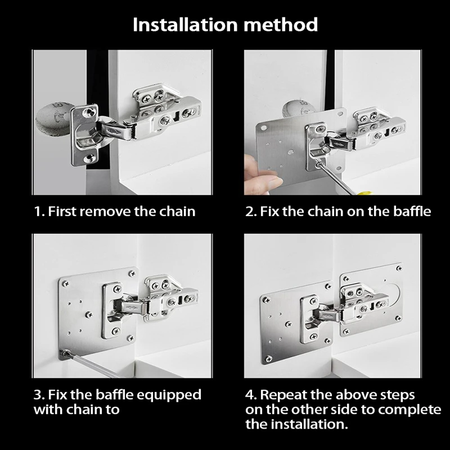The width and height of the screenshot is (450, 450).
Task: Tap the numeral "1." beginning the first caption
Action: [39, 211]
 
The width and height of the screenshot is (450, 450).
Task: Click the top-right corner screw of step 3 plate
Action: [131, 273]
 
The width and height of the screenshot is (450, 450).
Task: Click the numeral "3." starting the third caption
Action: [39, 394]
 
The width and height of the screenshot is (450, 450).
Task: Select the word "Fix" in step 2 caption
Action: [271, 211]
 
